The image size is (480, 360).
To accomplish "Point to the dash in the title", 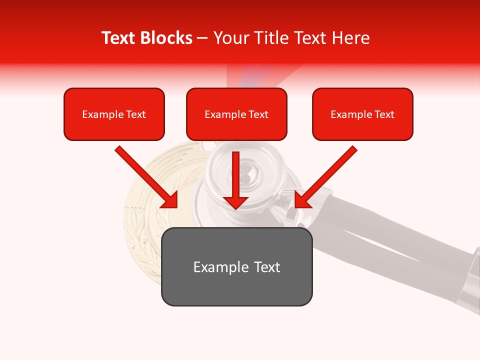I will tap(203, 38).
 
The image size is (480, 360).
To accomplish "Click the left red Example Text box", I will tap(114, 114).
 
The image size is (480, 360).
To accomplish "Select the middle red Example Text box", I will tap(236, 114).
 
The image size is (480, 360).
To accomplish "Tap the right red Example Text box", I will tap(362, 114).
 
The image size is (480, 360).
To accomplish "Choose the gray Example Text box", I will tap(236, 266).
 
